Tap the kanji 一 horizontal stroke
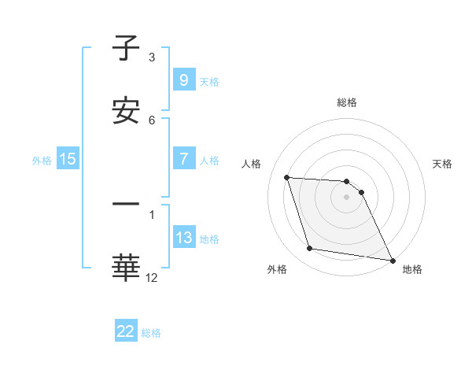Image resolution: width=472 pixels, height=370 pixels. (x=126, y=205)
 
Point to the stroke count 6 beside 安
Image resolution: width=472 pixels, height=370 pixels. (x=152, y=120)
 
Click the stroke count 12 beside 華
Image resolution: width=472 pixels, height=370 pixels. (x=152, y=278)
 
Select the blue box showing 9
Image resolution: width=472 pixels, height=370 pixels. (x=183, y=80)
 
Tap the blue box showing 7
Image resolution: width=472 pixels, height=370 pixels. (x=183, y=159)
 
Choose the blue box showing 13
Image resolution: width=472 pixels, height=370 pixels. (x=183, y=238)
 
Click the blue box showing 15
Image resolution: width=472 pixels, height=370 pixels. (x=68, y=159)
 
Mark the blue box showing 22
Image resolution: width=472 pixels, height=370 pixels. (x=126, y=331)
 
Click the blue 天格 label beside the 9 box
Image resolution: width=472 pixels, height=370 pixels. (x=209, y=81)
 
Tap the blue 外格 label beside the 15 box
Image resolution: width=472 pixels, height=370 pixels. (x=42, y=160)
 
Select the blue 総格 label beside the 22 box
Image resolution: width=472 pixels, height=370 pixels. (x=152, y=333)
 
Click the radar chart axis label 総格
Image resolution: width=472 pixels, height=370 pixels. (x=347, y=102)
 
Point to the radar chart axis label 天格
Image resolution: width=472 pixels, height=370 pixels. (x=443, y=164)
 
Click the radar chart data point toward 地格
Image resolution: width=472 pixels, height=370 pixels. (x=392, y=260)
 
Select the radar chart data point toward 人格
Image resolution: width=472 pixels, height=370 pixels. (x=287, y=177)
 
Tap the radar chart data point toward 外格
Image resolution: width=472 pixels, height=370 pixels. (x=310, y=249)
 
